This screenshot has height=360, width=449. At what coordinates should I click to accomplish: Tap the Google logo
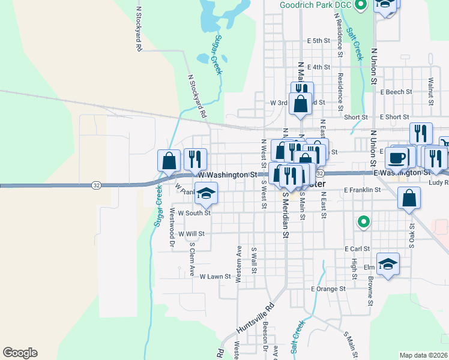click(x=20, y=353)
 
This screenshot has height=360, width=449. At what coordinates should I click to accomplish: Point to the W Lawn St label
click(x=215, y=277)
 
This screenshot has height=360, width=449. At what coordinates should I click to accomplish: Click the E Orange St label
click(x=328, y=289)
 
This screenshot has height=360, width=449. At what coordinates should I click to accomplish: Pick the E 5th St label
click(x=318, y=41)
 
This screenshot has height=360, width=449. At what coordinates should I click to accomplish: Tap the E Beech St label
click(x=396, y=92)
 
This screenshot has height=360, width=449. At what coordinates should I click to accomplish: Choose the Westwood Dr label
click(x=172, y=228)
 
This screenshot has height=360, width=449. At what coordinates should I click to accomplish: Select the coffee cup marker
click(x=396, y=158)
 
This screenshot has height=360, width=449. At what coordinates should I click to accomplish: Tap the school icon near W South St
click(x=206, y=193)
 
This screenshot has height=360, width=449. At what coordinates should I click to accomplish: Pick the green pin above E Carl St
click(x=363, y=223)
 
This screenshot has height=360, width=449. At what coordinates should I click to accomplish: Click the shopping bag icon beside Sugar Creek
click(x=169, y=160)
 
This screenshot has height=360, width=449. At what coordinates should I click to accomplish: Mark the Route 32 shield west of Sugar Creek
click(x=96, y=185)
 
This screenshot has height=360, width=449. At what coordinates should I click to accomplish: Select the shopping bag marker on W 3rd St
click(x=300, y=104)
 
